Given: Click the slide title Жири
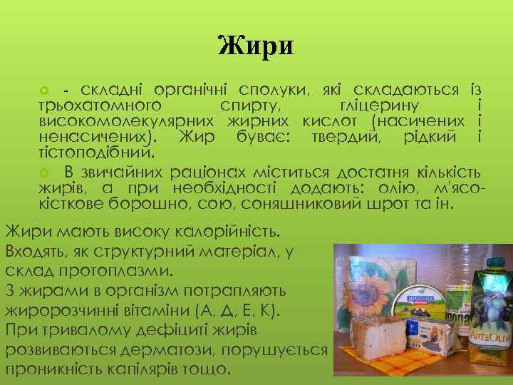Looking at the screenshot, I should click(256, 46).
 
